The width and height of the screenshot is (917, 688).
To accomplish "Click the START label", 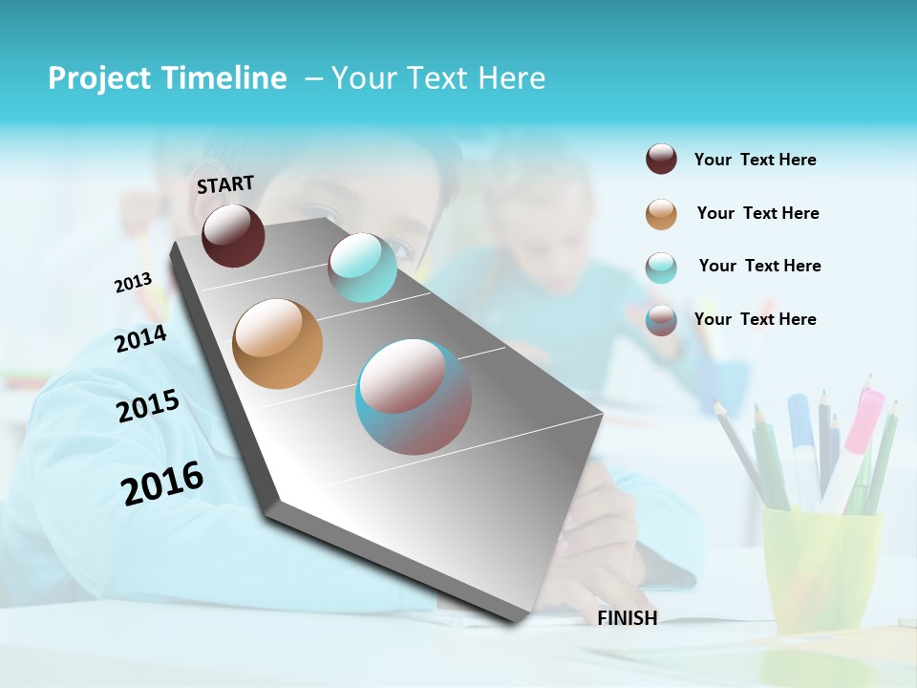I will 225,184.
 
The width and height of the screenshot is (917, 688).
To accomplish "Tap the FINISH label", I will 628,618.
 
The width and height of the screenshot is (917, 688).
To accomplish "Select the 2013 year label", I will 133,283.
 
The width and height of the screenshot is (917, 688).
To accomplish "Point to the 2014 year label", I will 140,338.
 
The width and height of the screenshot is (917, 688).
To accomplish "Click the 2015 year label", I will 147,406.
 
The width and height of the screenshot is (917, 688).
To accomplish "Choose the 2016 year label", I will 162,483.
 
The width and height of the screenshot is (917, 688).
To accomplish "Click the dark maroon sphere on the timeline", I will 233,236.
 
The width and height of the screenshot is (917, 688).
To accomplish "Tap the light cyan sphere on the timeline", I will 362,268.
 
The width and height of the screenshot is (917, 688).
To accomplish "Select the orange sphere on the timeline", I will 277,344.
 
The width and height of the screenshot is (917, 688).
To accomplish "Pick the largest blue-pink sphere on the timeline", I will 414,397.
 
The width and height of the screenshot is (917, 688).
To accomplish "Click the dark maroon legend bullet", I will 661,160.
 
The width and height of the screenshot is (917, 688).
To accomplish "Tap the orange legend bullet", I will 661,214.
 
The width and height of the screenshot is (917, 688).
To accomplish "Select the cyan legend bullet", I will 661,268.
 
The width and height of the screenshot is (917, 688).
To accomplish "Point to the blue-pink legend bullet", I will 661,320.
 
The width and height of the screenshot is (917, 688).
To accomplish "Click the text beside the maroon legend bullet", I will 755,160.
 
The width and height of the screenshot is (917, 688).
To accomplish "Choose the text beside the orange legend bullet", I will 757,213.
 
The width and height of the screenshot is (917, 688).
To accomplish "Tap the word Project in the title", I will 97,78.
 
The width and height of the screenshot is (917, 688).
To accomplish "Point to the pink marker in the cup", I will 863,420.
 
